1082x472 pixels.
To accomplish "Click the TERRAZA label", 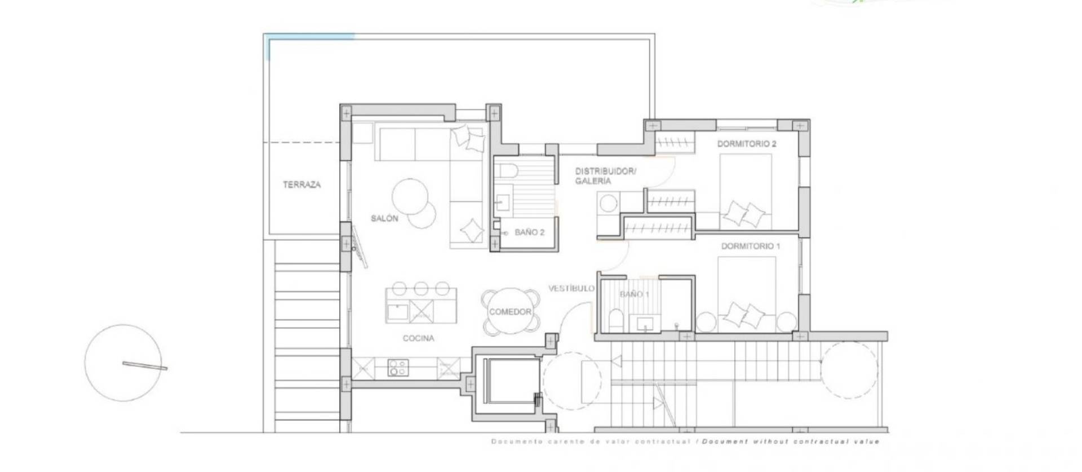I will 301,184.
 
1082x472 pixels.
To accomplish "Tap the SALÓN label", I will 384,218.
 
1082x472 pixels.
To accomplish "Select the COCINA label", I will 418,338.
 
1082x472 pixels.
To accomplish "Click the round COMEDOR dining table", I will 510,312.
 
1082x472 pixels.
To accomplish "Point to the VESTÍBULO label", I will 571,288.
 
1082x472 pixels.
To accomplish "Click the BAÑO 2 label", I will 529,232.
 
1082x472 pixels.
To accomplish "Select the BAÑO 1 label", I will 634,294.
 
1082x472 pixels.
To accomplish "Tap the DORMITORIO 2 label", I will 746,144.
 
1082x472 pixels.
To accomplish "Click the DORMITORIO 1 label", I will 750,246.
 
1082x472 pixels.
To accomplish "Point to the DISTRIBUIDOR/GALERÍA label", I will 605,176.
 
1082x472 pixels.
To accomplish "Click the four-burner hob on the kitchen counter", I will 397,368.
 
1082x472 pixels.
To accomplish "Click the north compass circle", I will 123,363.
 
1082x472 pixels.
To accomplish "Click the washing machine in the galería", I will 608,203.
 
